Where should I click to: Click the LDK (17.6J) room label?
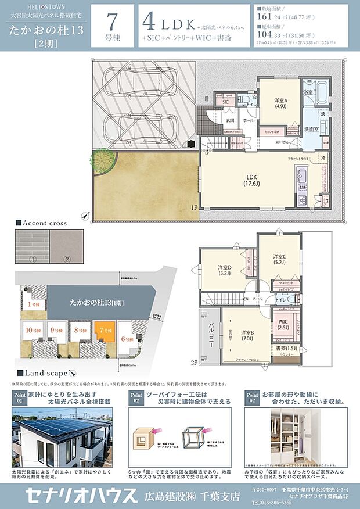pyautogui.click(x=251, y=179)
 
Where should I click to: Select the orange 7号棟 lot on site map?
pyautogui.click(x=105, y=333)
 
